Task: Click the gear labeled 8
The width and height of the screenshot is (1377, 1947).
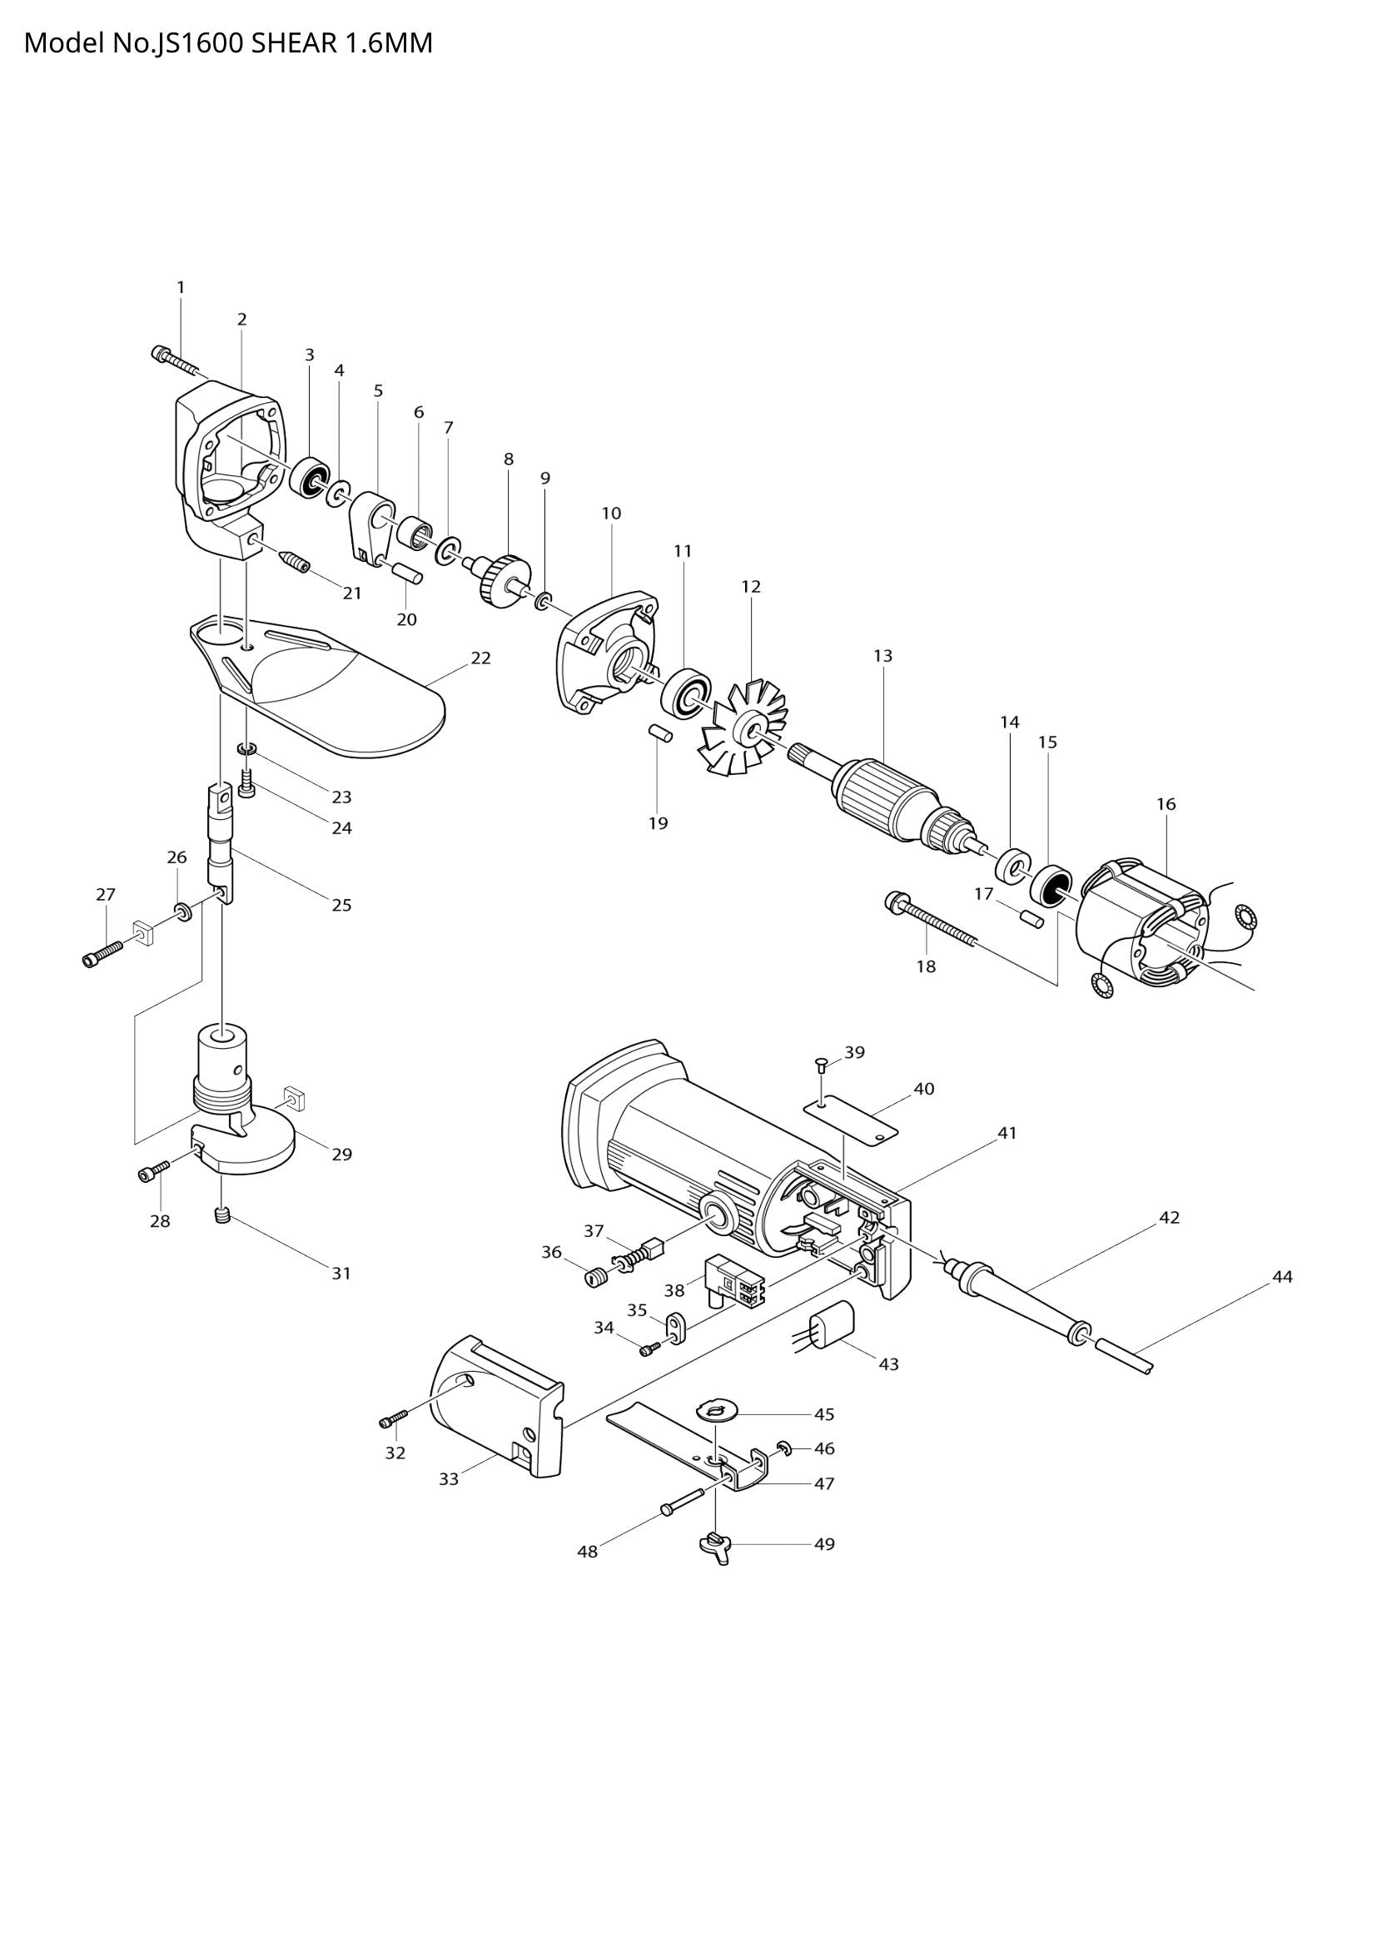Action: click(x=504, y=579)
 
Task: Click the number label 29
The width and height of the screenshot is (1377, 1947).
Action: click(x=341, y=1154)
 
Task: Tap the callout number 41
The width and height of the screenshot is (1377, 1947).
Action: click(x=1007, y=1133)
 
